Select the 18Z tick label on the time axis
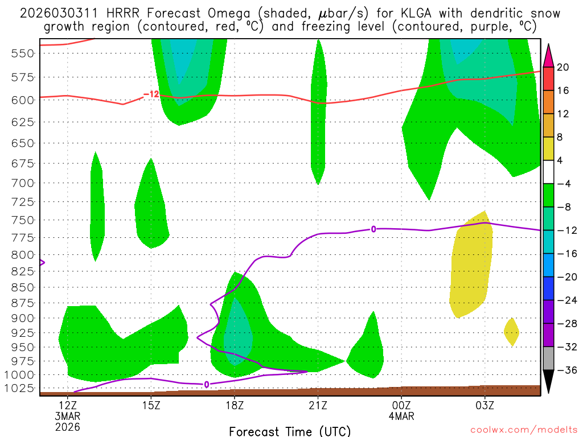(234, 406)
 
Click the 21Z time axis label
(318, 406)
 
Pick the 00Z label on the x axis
(401, 406)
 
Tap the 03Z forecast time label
(485, 406)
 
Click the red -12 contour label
(151, 94)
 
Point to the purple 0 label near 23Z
(373, 229)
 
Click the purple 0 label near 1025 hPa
(206, 385)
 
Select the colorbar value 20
(563, 68)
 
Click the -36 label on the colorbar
(563, 370)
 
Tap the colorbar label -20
(563, 277)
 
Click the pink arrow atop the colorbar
(548, 55)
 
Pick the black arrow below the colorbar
(548, 381)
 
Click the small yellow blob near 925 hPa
(511, 332)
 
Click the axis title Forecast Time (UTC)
(290, 431)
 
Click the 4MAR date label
(401, 416)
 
